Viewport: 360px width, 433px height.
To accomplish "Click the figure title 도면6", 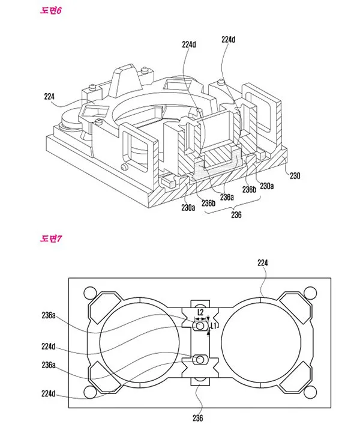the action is point(51,11).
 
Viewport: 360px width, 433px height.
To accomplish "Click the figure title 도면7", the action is point(51,238).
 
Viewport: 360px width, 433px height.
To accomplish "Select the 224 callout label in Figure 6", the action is point(49,96).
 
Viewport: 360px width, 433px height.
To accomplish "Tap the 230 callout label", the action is point(295,175).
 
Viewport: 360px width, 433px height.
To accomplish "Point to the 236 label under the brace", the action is point(236,215).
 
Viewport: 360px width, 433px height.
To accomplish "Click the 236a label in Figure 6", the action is point(227,197).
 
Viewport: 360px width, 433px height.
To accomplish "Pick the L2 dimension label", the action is point(200,312).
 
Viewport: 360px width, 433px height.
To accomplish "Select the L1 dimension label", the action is point(213,326).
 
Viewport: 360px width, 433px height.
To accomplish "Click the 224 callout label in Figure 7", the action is point(263,262).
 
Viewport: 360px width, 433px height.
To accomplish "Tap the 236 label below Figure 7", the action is point(198,418).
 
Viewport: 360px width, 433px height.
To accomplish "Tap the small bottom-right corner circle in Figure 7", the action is point(310,392).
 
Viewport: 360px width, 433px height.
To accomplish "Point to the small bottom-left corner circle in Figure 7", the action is point(89,392).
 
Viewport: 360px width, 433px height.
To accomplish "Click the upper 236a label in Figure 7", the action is point(49,315).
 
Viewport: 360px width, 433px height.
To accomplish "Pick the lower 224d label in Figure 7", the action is point(49,393).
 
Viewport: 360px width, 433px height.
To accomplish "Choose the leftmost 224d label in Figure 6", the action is point(189,44).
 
